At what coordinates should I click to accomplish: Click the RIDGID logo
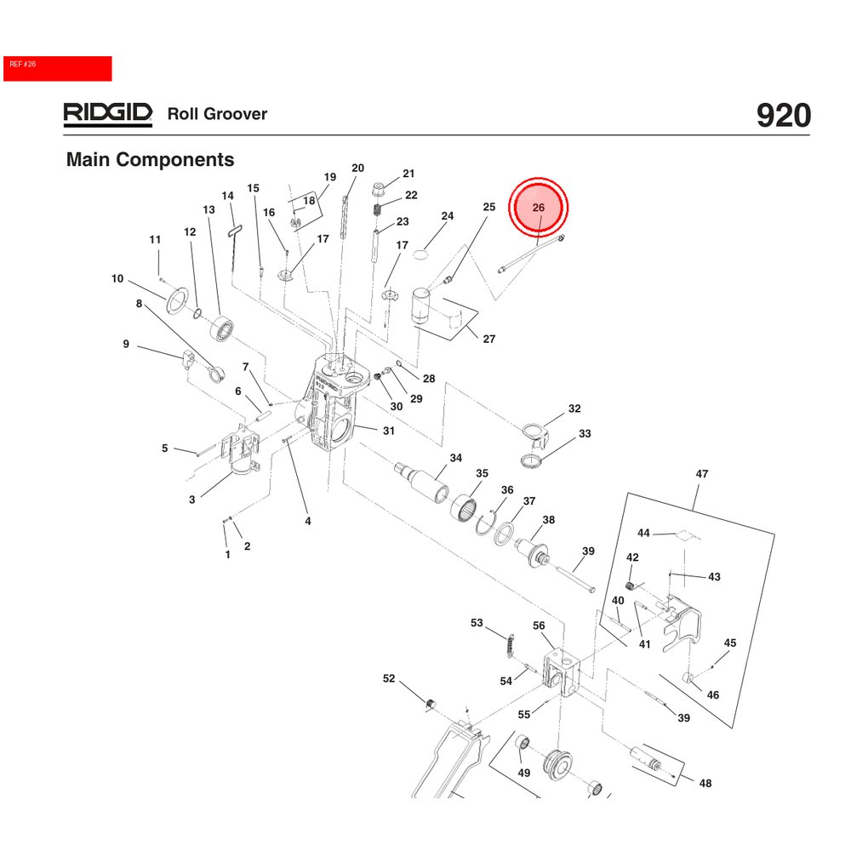click(107, 114)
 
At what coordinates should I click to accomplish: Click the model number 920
click(783, 116)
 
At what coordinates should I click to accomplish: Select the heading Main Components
click(150, 159)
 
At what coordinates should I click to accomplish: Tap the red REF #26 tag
click(57, 68)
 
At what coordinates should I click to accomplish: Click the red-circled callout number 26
click(538, 208)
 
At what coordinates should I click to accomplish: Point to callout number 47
click(702, 474)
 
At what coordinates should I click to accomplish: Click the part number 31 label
click(388, 431)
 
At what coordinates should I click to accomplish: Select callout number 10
click(117, 278)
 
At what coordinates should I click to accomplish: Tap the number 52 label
click(389, 678)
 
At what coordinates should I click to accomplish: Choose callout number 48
click(705, 783)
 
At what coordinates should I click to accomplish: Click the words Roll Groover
click(217, 114)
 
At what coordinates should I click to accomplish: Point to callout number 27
click(489, 339)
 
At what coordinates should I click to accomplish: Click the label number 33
click(585, 434)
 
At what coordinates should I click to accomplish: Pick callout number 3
click(192, 500)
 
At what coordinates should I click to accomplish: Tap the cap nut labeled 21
click(380, 186)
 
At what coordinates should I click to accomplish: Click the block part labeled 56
click(562, 669)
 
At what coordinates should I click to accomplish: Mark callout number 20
click(357, 168)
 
